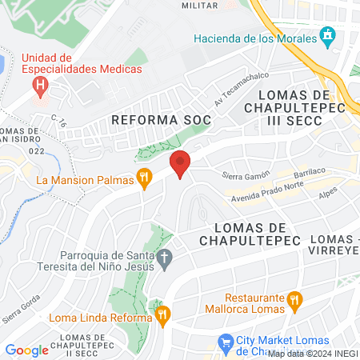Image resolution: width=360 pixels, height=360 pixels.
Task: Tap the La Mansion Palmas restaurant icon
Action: click(145, 179)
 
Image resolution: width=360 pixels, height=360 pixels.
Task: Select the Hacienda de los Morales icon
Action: click(326, 36)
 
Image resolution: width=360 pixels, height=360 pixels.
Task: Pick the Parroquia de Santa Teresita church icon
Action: click(165, 257)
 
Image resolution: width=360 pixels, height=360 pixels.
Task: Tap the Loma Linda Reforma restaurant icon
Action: click(162, 315)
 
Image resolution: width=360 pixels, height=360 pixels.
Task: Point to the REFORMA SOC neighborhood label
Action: click(161, 119)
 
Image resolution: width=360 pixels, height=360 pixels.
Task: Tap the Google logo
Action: click(26, 349)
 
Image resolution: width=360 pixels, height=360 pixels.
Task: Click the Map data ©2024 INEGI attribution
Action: click(313, 354)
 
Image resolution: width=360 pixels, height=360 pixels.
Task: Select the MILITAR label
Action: click(199, 5)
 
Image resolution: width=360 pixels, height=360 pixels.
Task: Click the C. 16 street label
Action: click(57, 120)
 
